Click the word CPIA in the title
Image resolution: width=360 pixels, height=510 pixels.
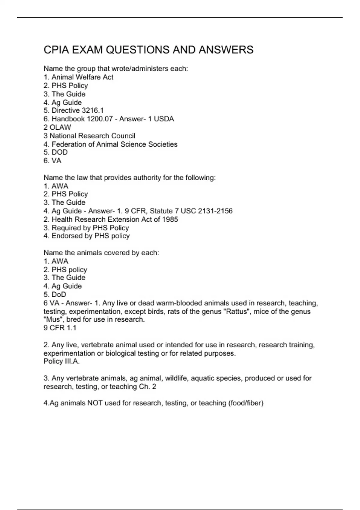(56, 50)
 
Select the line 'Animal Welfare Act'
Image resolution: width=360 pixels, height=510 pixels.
(82, 77)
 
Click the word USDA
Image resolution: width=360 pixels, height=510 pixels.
(164, 119)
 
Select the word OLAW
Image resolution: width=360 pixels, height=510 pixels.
(60, 127)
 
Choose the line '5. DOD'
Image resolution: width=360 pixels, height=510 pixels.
(55, 152)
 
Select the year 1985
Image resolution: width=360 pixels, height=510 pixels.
(170, 220)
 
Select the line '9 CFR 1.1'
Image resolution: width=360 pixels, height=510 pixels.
(60, 328)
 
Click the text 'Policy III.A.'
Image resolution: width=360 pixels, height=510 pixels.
(61, 361)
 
